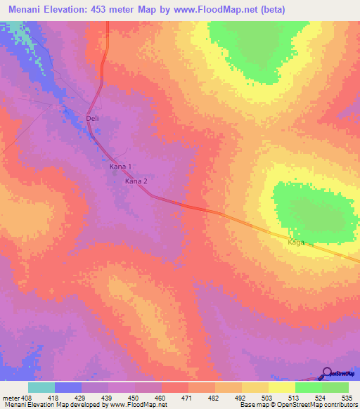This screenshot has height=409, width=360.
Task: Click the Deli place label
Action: tap(92, 119)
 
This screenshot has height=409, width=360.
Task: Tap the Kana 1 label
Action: tap(120, 167)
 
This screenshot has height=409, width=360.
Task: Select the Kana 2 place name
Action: tap(136, 181)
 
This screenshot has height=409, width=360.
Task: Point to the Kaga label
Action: tap(295, 242)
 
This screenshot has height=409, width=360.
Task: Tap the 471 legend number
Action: tap(187, 398)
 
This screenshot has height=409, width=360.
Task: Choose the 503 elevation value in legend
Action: tap(268, 398)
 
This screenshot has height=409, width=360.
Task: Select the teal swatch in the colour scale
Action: tap(41, 387)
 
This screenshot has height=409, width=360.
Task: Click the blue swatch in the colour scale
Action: tap(67, 387)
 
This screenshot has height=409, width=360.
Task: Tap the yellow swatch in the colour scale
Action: tap(281, 387)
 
